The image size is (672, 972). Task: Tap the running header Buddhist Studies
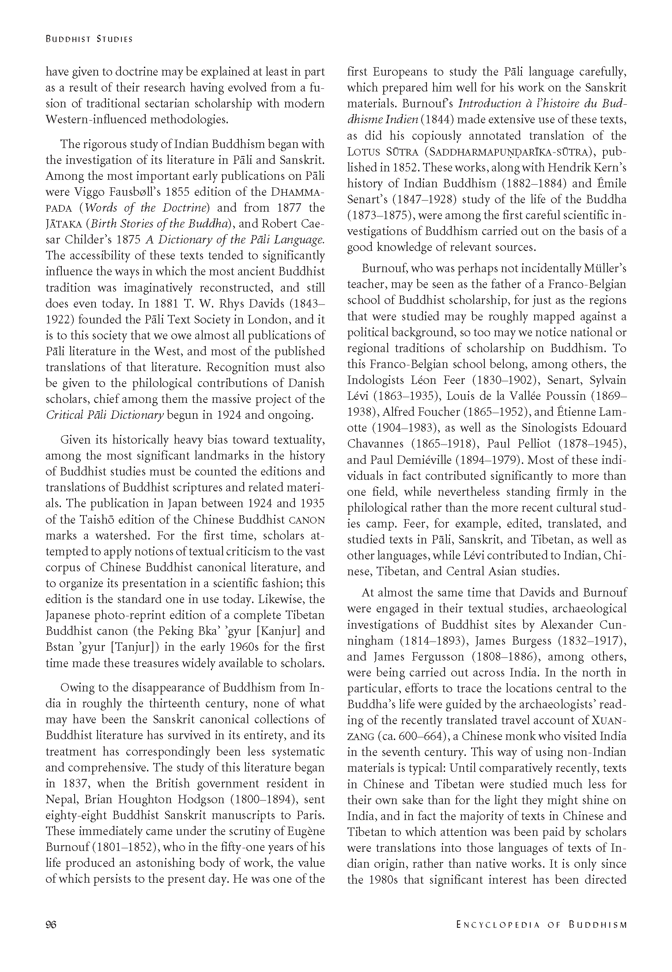point(89,39)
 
